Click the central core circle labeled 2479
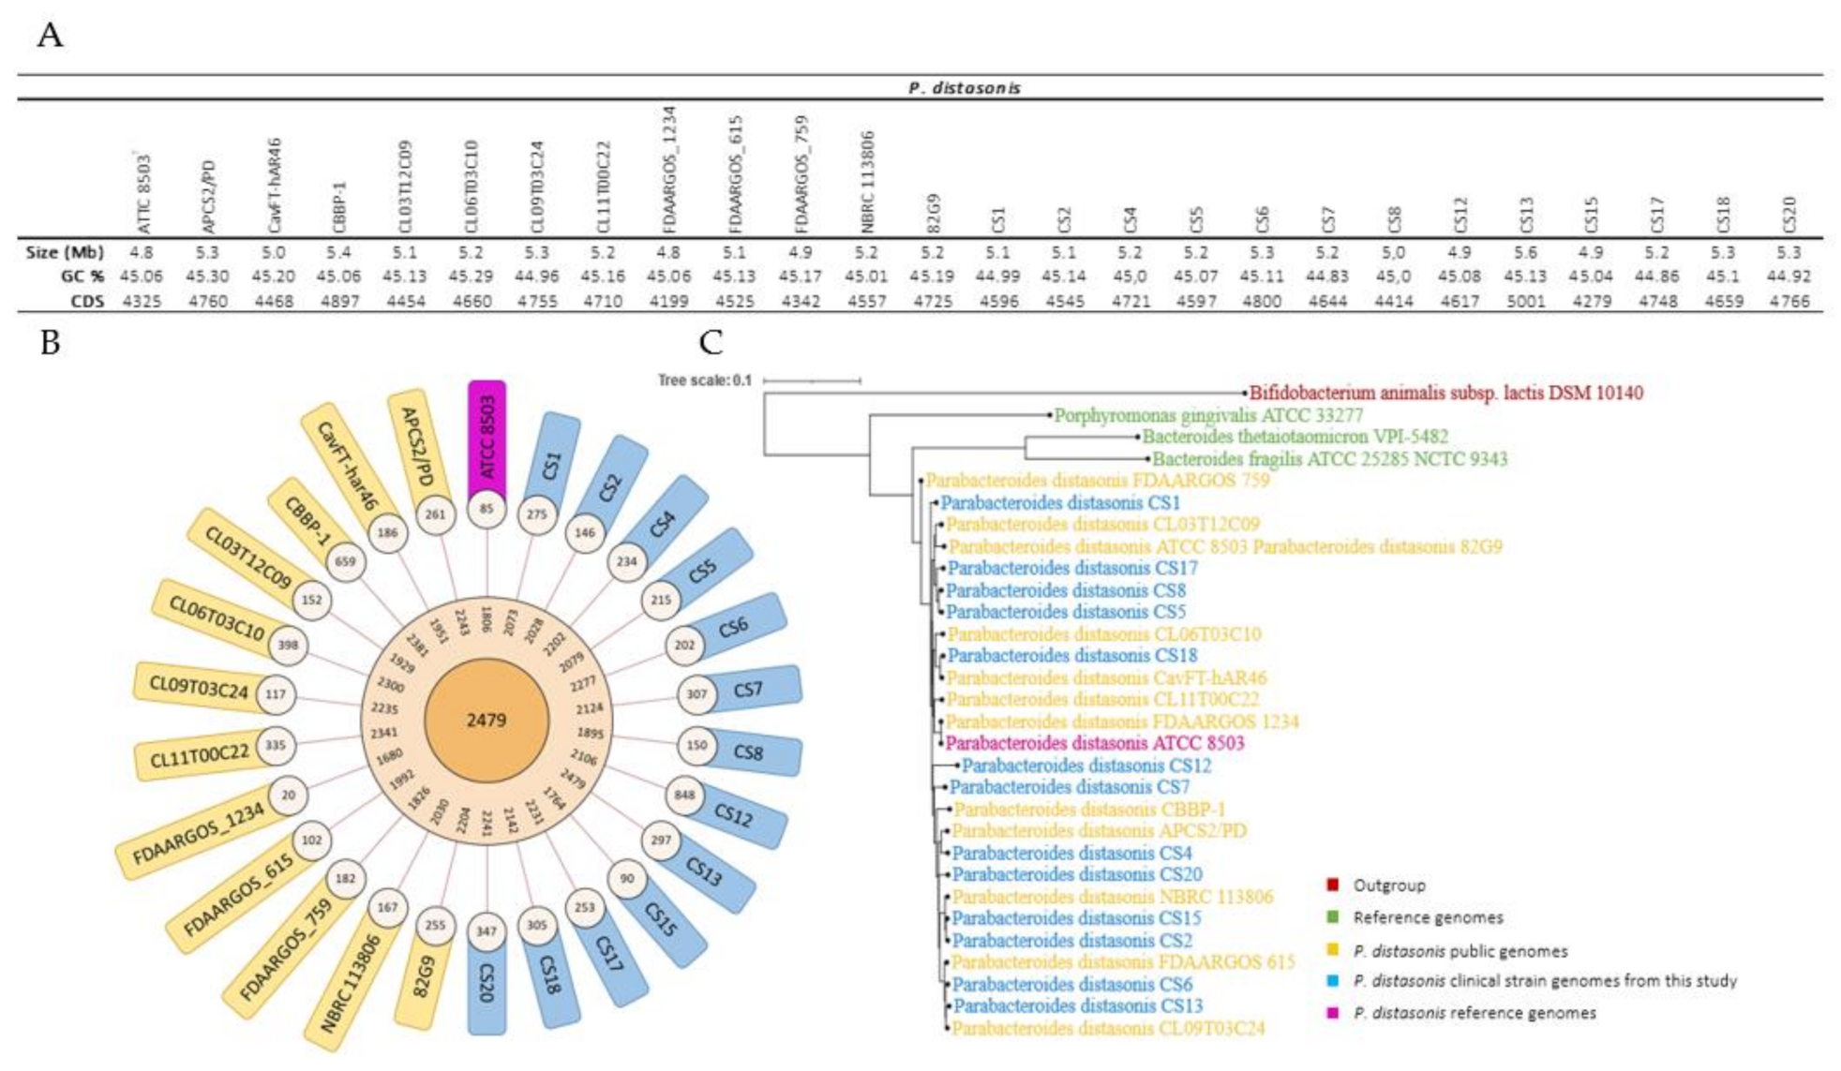point(486,720)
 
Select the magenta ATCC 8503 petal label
point(486,436)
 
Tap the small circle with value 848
point(684,796)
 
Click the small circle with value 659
point(345,562)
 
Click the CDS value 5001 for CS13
point(1525,301)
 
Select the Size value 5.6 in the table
point(1525,252)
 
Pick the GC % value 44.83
point(1327,276)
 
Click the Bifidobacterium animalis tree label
point(1445,394)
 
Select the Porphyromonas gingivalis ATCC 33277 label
point(1208,415)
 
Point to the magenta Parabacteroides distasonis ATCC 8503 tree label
point(1095,743)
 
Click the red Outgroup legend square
point(1332,885)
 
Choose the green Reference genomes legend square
point(1332,916)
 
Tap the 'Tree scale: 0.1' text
point(704,380)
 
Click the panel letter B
point(50,344)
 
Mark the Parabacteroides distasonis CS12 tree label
point(1086,766)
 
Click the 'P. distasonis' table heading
point(964,88)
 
